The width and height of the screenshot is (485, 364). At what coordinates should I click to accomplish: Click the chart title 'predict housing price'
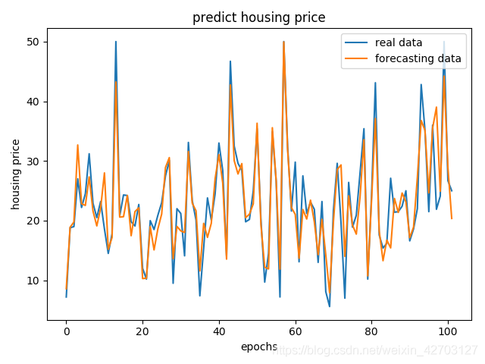coord(258,17)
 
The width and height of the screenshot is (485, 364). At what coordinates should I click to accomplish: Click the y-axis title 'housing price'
coord(16,174)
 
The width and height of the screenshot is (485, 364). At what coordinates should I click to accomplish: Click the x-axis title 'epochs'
coord(258,347)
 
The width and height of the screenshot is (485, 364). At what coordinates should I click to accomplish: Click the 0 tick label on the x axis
coord(66,331)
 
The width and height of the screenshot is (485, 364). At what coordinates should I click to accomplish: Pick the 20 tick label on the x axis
coord(142,331)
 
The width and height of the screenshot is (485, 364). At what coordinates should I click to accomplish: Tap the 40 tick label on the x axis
coord(219,331)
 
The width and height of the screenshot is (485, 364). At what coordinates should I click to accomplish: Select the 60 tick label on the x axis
coord(296,331)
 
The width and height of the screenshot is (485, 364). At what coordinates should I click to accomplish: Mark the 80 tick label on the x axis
coord(372,331)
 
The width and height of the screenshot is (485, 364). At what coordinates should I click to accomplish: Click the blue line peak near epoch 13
coord(116,42)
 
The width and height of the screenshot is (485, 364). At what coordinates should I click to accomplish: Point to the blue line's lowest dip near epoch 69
coord(330,306)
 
